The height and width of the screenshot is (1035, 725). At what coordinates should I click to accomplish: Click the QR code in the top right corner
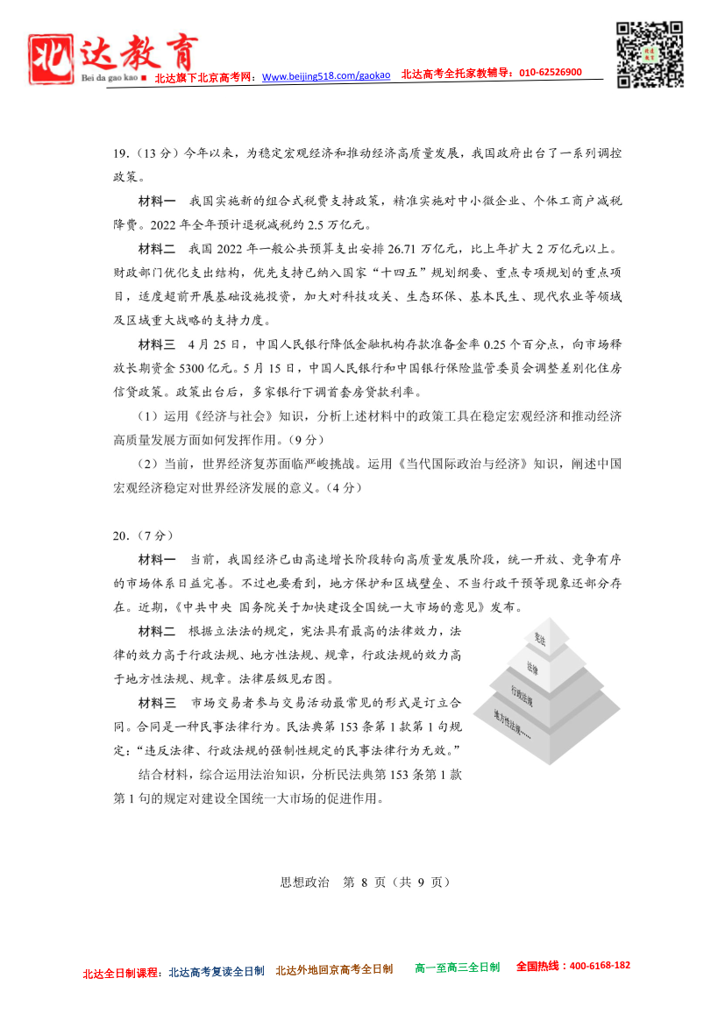650,54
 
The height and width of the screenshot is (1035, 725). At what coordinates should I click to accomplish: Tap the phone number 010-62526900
551,73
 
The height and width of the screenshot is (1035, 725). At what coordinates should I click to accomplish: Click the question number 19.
121,154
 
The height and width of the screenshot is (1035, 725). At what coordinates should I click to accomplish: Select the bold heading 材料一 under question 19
157,201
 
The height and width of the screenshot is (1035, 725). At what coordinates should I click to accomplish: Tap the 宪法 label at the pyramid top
540,637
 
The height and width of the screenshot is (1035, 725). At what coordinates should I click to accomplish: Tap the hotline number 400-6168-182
599,965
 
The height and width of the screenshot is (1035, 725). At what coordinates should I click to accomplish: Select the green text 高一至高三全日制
457,968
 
